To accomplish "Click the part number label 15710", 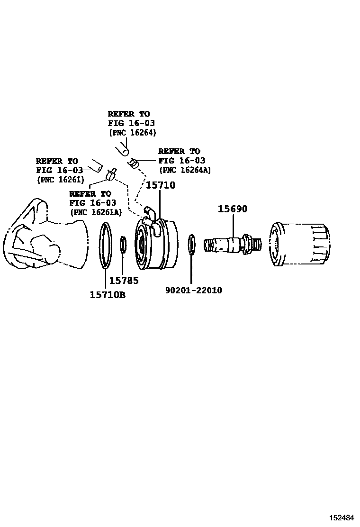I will coord(160,185).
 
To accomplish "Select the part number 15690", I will coord(233,209).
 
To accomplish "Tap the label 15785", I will coord(124,281).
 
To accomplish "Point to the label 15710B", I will coord(108,295).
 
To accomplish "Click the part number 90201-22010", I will coord(194,290).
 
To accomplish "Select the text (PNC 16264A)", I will coord(185,170).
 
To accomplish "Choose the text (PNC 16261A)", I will coord(95,212).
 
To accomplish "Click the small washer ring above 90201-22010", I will coord(191,244).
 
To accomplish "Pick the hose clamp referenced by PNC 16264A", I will coord(134,164).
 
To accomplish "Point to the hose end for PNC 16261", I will coord(97,166).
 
